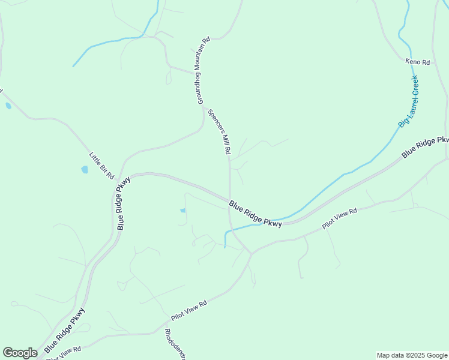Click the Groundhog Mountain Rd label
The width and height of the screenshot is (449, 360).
coord(201,71)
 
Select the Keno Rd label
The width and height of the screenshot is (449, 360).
coord(418,62)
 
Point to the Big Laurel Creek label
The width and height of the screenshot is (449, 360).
coord(409,101)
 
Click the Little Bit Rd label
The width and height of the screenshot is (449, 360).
coord(101,165)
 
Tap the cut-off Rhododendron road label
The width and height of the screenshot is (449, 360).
coord(175,344)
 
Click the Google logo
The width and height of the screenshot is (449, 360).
coord(20,353)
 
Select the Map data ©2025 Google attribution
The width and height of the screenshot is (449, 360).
coord(412,355)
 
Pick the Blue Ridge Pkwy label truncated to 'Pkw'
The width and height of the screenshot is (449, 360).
coord(425,147)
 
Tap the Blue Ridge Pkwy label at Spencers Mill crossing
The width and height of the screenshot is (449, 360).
coord(255,214)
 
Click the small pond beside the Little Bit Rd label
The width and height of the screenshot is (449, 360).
coord(85,170)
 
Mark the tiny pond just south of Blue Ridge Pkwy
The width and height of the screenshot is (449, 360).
coord(182,211)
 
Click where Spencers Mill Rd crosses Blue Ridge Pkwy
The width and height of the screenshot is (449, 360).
coord(229,201)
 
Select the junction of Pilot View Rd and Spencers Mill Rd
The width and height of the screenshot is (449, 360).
coord(251,253)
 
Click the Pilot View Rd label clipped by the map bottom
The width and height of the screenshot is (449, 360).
coord(64,353)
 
